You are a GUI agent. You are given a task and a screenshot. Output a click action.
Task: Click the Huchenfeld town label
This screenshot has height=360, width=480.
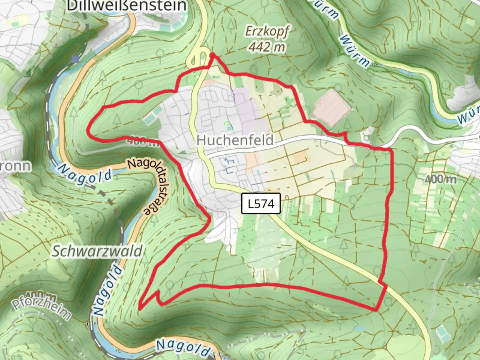point(235,140)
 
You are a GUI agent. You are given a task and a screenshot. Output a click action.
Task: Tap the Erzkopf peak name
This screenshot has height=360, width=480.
point(267,32)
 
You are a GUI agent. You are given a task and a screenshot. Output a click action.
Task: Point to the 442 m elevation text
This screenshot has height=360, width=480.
point(267,47)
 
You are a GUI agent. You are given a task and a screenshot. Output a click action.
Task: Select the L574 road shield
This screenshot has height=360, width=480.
point(261,203)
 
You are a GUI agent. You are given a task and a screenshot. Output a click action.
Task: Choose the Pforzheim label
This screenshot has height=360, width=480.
point(41,309)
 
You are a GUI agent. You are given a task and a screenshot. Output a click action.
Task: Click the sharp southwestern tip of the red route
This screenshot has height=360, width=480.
point(140,308)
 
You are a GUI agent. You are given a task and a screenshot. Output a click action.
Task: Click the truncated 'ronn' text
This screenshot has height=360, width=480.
point(15,166)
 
